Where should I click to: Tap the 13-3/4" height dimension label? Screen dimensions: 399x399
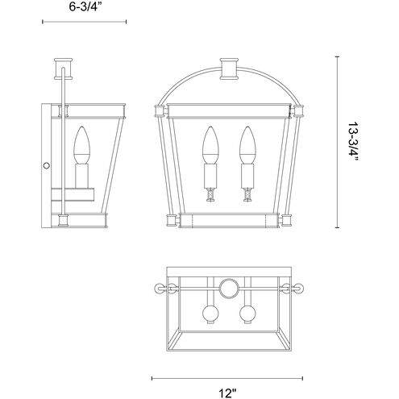pos(353,142)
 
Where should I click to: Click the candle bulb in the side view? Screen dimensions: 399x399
pos(81,145)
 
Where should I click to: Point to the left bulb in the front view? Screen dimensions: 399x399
pos(210,145)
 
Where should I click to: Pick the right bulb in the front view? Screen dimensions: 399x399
pos(247,145)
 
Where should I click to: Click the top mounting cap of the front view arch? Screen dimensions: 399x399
pos(229,69)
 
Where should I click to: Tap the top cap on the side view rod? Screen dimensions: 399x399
pos(64,69)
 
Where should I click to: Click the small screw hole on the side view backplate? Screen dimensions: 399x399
pos(47,165)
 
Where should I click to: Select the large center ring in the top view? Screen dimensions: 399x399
pos(229,289)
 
